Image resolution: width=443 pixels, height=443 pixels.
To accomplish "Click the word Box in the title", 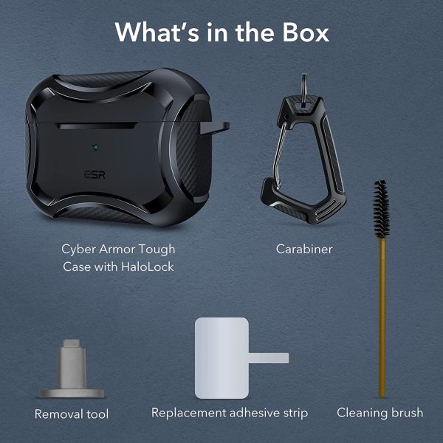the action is [x=306, y=32].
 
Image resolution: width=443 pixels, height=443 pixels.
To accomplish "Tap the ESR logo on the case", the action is [x=95, y=174].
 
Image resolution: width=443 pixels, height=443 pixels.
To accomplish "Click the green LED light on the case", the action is [x=95, y=147].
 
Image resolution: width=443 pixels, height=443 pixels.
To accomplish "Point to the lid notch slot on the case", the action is [x=97, y=126].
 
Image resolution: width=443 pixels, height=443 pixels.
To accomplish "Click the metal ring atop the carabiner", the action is [x=304, y=90].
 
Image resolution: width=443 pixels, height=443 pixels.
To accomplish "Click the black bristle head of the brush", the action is [x=381, y=209].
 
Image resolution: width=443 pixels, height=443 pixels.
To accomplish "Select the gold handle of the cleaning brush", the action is [x=382, y=317].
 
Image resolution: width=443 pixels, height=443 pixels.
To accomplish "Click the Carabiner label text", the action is [x=304, y=250].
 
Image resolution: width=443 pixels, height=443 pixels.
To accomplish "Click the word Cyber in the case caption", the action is [x=79, y=250].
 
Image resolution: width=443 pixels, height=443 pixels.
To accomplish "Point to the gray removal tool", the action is [x=71, y=368].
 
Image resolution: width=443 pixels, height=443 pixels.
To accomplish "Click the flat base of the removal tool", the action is [x=71, y=394].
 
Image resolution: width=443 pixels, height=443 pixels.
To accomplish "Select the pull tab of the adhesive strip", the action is [x=269, y=357].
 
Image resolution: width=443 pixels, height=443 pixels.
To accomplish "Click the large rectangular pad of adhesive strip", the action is [x=221, y=358].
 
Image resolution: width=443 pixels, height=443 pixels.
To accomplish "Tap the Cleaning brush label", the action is [x=380, y=413].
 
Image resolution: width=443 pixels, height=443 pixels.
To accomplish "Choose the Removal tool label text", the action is [x=72, y=414].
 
